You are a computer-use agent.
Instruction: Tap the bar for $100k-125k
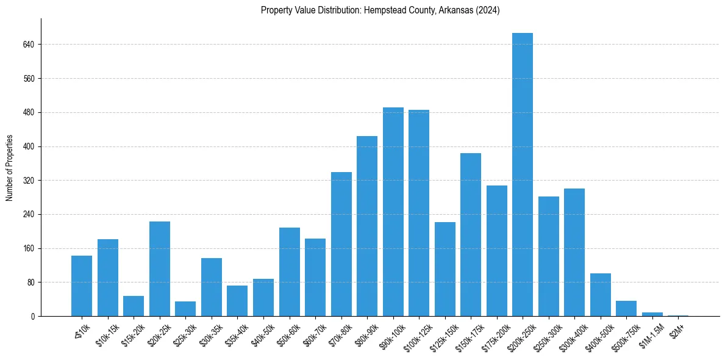tap(419, 213)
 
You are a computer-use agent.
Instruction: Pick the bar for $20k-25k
tap(160, 268)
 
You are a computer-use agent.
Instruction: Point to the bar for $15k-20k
tap(134, 306)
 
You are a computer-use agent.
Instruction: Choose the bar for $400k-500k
tap(600, 295)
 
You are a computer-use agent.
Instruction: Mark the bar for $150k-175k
tap(470, 234)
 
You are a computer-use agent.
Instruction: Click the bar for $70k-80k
tap(341, 244)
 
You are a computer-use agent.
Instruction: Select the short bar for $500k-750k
tap(626, 309)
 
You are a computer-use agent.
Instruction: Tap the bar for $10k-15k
tap(108, 278)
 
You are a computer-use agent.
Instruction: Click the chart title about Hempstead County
tap(380, 10)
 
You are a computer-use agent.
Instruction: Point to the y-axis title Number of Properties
tap(10, 167)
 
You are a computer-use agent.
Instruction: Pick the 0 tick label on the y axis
tap(33, 317)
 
